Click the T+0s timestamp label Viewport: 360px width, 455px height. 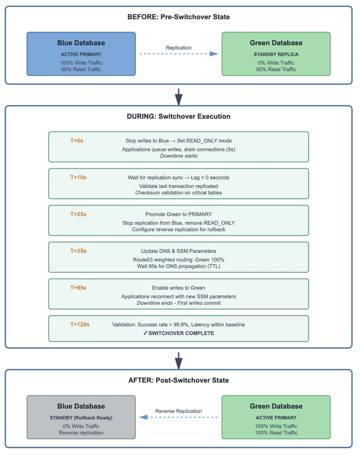point(77,141)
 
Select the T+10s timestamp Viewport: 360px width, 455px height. point(78,177)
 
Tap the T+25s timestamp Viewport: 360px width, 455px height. point(78,214)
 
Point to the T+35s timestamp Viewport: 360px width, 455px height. point(78,251)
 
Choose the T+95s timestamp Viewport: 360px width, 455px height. point(78,288)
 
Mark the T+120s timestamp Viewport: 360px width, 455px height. point(80,325)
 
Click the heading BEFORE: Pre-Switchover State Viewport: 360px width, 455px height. point(179,17)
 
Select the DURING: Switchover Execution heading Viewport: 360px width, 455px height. point(179,116)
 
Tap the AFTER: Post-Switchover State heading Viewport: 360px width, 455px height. point(179,380)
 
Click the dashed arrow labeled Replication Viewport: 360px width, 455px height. point(179,54)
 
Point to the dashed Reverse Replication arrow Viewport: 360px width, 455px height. point(178,417)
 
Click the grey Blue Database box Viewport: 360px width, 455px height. point(81,417)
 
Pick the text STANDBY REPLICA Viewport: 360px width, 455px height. point(276,54)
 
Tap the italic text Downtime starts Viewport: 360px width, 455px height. point(179,156)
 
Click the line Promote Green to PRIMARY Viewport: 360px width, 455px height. point(179,214)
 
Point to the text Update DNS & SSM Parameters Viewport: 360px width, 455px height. point(179,251)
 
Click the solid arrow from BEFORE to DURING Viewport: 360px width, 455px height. point(179,97)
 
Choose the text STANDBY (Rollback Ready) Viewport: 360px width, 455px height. point(81,418)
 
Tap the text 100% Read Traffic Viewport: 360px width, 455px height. point(276,433)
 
